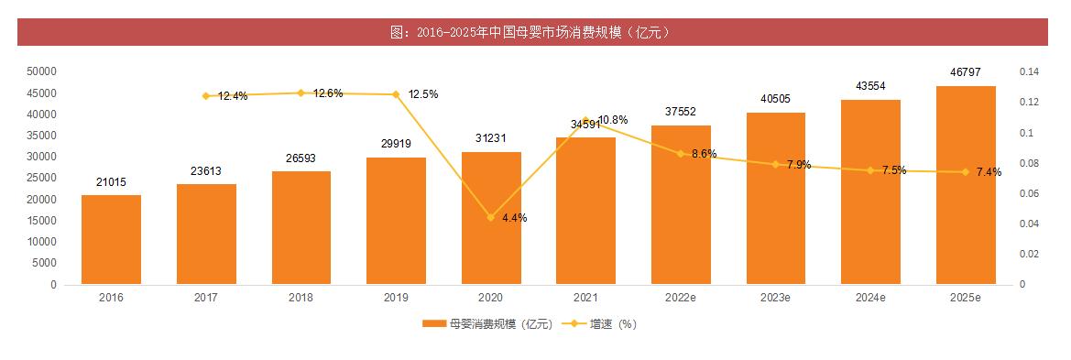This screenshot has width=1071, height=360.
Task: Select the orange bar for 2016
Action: click(111, 239)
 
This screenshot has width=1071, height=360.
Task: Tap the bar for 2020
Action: click(491, 218)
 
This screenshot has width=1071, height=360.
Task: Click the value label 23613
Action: click(206, 171)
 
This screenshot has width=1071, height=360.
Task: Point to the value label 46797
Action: click(966, 72)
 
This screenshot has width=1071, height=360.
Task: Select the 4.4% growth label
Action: click(514, 218)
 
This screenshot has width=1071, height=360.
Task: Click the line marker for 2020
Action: click(491, 217)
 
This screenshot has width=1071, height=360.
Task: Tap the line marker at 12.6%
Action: click(301, 93)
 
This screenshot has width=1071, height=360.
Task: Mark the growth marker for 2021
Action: click(586, 120)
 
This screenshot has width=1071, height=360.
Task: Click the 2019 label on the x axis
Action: click(396, 298)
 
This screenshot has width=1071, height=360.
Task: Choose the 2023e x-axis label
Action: click(776, 298)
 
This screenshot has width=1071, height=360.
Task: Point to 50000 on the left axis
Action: click(41, 71)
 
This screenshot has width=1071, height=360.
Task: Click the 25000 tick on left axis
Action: click(41, 179)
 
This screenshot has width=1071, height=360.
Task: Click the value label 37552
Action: click(681, 112)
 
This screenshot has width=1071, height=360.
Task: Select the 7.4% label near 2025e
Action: click(989, 172)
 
